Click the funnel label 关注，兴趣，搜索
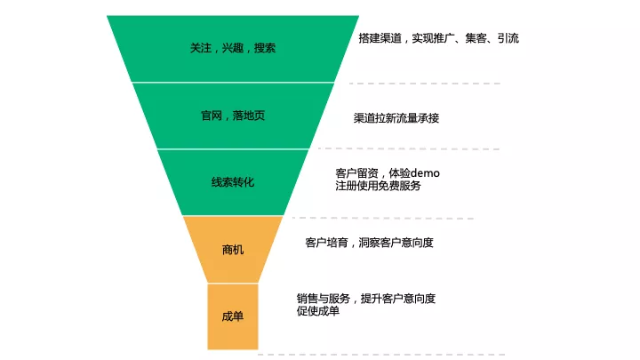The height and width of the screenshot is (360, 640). [233, 48]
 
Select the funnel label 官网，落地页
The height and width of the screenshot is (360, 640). [233, 116]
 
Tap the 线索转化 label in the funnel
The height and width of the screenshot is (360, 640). [233, 182]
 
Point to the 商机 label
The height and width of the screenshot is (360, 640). [233, 250]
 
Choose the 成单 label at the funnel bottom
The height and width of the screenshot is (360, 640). [233, 316]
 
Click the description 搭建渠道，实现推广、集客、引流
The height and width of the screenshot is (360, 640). [438, 38]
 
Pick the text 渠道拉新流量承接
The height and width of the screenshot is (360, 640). [396, 117]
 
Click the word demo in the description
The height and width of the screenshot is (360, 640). [425, 172]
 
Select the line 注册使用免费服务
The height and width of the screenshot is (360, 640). [378, 186]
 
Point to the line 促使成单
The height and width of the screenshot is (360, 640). [317, 310]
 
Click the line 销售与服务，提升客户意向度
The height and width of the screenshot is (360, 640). [366, 298]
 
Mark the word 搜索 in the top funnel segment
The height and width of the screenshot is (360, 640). [265, 48]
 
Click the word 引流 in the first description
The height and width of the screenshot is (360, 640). [508, 38]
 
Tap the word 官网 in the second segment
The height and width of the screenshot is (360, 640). [212, 116]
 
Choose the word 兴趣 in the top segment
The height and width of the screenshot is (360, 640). [233, 48]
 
